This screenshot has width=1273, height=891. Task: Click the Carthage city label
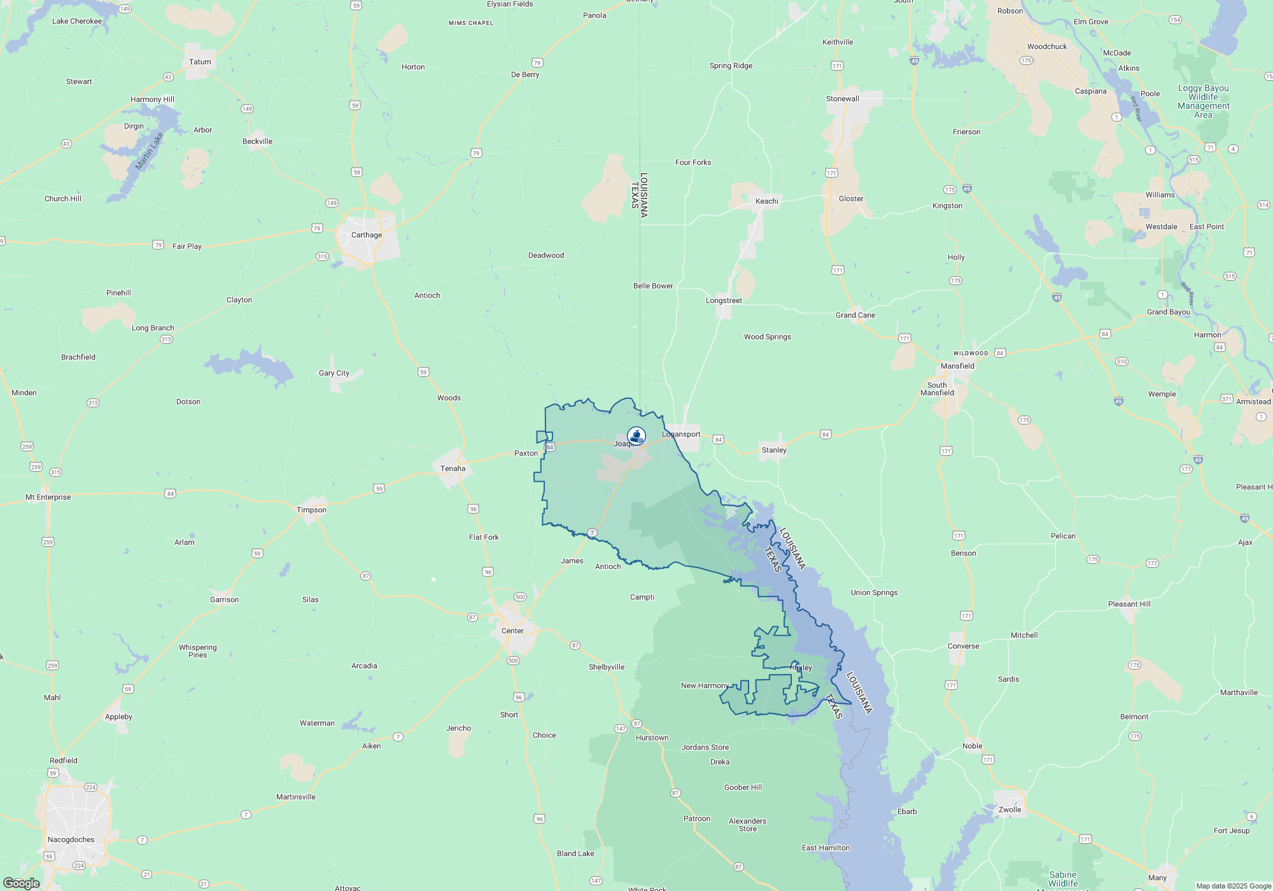(x=367, y=235)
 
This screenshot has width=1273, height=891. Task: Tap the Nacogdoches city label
(x=71, y=839)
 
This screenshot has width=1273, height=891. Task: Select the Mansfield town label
(x=957, y=366)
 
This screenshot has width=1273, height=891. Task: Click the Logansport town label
(x=681, y=434)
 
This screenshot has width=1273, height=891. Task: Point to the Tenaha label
(x=453, y=468)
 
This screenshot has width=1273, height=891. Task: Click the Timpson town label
(x=311, y=510)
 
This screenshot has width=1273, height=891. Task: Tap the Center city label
(x=512, y=631)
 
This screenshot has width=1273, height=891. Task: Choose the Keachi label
(x=766, y=201)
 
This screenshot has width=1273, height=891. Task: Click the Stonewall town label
(x=842, y=99)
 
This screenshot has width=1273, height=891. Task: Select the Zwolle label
(x=1009, y=810)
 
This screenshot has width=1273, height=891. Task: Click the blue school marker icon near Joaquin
(x=636, y=436)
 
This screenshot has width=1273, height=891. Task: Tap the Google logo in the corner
(x=21, y=883)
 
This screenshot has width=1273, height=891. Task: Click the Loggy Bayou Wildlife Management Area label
(x=1203, y=102)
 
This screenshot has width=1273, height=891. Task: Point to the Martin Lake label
(x=150, y=151)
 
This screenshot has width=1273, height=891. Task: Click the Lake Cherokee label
(x=76, y=21)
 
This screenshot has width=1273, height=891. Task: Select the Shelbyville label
(x=606, y=667)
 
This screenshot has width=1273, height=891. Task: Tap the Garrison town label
(x=224, y=600)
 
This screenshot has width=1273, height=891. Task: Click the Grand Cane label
(x=855, y=315)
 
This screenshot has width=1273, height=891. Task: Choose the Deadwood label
(x=545, y=255)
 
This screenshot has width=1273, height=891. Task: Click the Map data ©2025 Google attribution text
(x=1233, y=886)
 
